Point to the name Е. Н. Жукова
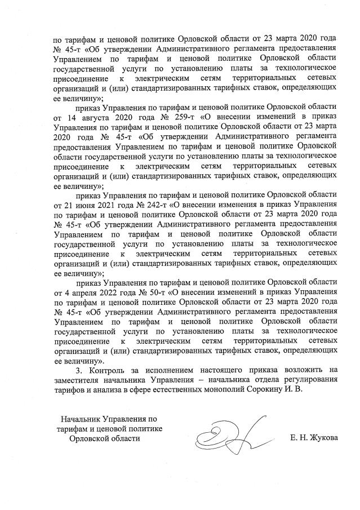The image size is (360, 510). tap(314, 438)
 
